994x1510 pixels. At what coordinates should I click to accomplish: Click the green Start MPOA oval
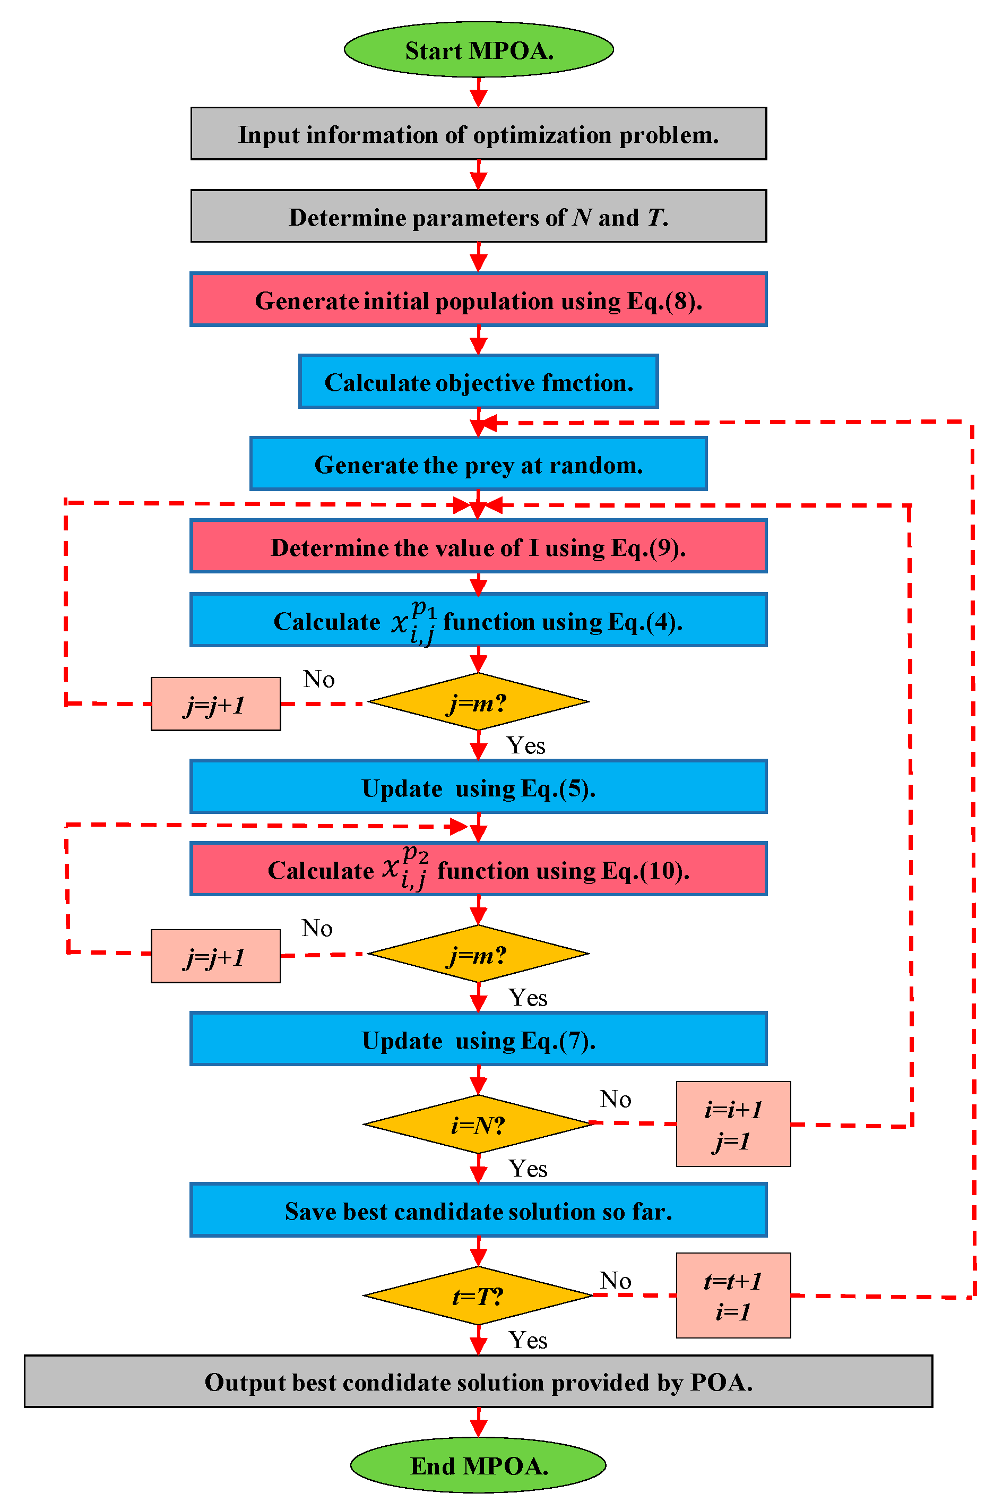(478, 49)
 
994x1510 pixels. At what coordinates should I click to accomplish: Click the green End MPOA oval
(478, 1465)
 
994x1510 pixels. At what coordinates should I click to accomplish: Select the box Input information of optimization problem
(478, 134)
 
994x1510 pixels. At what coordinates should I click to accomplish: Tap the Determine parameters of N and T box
(478, 216)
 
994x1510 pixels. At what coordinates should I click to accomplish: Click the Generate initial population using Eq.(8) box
(478, 299)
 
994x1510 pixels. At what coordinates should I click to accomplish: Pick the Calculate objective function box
(478, 382)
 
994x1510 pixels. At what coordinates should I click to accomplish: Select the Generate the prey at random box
(478, 464)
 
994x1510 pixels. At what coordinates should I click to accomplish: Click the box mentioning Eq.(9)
(478, 546)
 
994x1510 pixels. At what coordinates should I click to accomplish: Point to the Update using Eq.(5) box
(478, 787)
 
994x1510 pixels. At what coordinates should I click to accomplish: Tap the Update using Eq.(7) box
(478, 1039)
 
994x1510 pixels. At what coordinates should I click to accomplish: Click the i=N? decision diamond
(478, 1124)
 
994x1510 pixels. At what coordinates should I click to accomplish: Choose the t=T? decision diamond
(478, 1295)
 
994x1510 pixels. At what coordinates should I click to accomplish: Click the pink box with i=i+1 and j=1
(733, 1124)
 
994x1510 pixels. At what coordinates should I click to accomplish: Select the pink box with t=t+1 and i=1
(733, 1295)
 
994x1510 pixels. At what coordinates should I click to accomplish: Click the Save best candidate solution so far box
(478, 1211)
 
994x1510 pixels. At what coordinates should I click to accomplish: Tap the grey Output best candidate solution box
(478, 1382)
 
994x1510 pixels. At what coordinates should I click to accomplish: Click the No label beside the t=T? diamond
(615, 1280)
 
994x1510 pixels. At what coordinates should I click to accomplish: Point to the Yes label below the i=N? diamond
(528, 1169)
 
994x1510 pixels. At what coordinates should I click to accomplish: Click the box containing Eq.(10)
(478, 869)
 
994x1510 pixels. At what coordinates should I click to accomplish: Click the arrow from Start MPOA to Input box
(478, 92)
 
